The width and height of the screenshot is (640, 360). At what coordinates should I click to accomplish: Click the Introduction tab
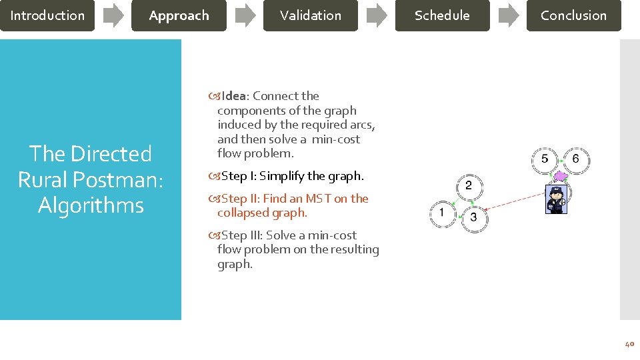tap(47, 15)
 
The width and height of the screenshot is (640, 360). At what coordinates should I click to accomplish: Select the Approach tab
tap(179, 15)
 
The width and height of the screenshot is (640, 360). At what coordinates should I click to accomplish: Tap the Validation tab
tap(310, 15)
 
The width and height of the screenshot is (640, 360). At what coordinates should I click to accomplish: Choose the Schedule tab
tap(441, 15)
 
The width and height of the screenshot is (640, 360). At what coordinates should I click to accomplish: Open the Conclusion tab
tap(573, 15)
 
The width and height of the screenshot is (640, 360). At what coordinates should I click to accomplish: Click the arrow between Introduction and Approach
tap(113, 15)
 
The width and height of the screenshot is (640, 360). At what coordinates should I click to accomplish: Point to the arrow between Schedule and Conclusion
tap(509, 15)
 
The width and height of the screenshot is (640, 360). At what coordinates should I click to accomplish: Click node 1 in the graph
tap(441, 213)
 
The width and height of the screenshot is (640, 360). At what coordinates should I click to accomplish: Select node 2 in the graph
tap(469, 185)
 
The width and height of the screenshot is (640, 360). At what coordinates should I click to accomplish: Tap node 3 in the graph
tap(474, 217)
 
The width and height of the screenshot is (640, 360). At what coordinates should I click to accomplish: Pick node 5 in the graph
tap(545, 159)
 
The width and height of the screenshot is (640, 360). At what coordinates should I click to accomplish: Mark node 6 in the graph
tap(575, 159)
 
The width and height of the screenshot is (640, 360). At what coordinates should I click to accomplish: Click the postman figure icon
tap(555, 198)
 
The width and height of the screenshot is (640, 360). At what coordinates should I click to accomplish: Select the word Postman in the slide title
tap(127, 179)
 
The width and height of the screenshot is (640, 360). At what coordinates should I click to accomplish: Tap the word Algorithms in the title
tap(91, 205)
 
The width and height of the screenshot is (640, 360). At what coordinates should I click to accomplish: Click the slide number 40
tap(629, 344)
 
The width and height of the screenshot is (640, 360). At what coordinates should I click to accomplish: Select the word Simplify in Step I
tap(282, 176)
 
